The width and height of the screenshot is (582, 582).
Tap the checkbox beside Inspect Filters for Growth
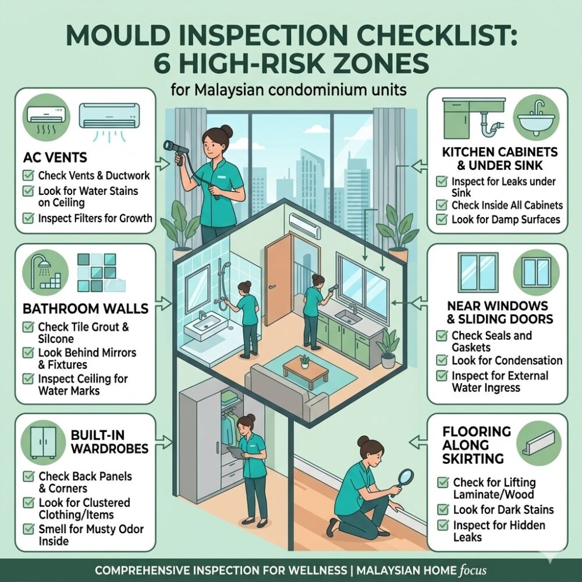[x=27, y=218]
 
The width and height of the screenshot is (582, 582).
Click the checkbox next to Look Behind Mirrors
[x=27, y=353]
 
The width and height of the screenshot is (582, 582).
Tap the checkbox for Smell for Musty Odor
[x=27, y=529]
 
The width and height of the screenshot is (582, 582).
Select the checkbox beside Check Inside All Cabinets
[x=441, y=205]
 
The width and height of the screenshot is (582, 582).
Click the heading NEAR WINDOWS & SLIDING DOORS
[x=497, y=312]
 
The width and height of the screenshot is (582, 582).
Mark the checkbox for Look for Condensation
[x=441, y=361]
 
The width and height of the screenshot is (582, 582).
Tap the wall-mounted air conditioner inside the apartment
[x=307, y=222]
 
